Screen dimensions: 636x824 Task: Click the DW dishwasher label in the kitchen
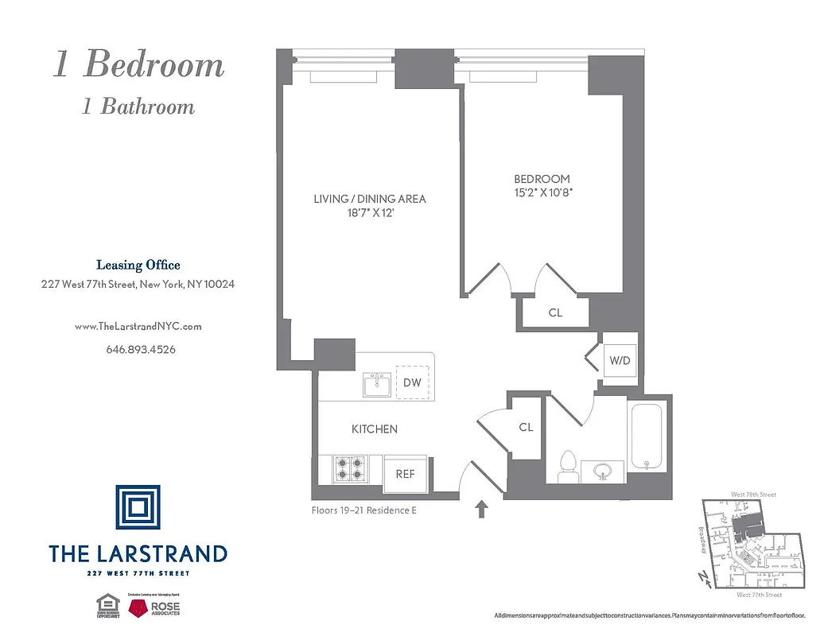pos(411,383)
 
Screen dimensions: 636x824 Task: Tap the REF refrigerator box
pos(406,474)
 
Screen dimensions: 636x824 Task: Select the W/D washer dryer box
pos(620,361)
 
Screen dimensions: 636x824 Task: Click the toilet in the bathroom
pos(568,467)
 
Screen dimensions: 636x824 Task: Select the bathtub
pos(649,438)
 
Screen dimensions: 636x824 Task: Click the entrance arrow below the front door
pos(482,509)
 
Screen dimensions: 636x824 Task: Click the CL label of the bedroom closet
pos(555,313)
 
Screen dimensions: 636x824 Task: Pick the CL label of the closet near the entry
pos(526,428)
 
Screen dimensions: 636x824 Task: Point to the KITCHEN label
pos(375,429)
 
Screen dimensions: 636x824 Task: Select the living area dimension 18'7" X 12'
pos(369,212)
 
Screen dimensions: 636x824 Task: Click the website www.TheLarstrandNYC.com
pos(138,326)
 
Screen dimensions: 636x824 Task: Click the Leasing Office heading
pos(138,266)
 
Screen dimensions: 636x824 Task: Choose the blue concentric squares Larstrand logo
pos(138,507)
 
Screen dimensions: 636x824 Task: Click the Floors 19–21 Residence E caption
pos(363,510)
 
